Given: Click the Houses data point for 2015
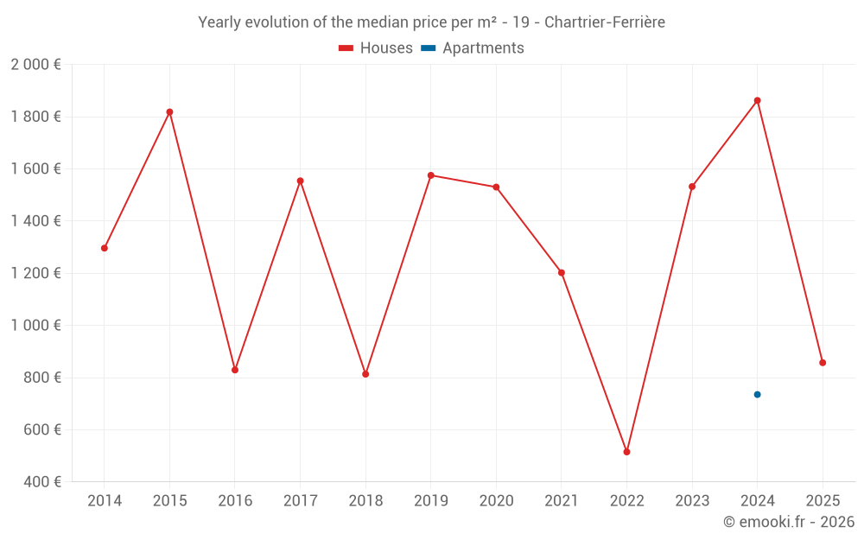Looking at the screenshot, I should pos(169,111).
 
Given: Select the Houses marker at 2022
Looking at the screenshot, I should pos(626,452).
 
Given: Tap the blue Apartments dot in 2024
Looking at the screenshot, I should pos(757,394).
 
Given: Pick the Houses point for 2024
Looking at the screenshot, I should pos(757,100).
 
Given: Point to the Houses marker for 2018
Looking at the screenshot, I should pos(365,374).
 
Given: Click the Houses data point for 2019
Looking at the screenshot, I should pos(430,175).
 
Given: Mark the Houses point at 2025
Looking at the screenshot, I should pos(823,363).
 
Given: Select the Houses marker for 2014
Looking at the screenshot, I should pos(105,248).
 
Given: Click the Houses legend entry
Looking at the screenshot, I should pos(376,48).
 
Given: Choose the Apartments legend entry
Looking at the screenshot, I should pos(473,48).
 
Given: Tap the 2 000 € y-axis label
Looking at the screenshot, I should pos(35,65).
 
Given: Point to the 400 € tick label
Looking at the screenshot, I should pos(41,482).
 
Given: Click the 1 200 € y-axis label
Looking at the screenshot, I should pos(35,273).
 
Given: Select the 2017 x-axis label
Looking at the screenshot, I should pos(300,501).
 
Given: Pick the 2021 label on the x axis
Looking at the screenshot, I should pos(561,501).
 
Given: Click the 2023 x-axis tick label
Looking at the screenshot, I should pos(691,501).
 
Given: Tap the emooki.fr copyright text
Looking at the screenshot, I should pos(788,522).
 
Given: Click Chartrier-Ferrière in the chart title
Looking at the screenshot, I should pos(605,22).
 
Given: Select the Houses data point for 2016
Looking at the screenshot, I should pos(235,370).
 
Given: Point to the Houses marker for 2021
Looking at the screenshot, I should pos(561,272).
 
